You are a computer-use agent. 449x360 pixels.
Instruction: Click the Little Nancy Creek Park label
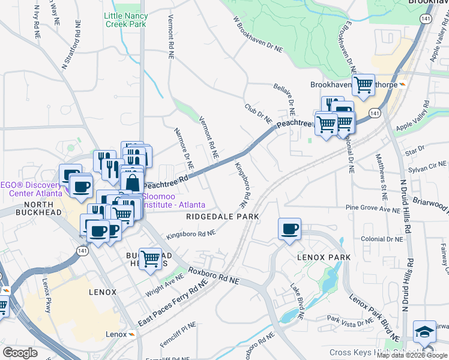(125, 19)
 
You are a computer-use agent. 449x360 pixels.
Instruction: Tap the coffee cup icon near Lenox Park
(289, 229)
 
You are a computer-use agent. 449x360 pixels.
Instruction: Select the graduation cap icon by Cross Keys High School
(424, 332)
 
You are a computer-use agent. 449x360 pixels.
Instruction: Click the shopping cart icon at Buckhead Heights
(150, 259)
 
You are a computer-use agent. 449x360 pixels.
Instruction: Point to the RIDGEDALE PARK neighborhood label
(222, 216)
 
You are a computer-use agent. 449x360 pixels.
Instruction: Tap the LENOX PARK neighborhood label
(322, 257)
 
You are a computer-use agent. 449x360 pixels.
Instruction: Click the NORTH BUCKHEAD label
(23, 208)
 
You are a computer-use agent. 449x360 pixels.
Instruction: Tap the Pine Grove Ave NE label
(372, 209)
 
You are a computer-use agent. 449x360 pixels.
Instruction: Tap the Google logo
(20, 353)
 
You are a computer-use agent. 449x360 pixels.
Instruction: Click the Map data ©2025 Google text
(412, 355)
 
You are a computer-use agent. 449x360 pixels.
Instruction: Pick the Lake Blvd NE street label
(298, 299)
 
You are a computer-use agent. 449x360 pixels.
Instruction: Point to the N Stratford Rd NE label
(71, 44)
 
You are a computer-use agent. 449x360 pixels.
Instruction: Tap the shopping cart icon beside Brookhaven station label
(363, 85)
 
